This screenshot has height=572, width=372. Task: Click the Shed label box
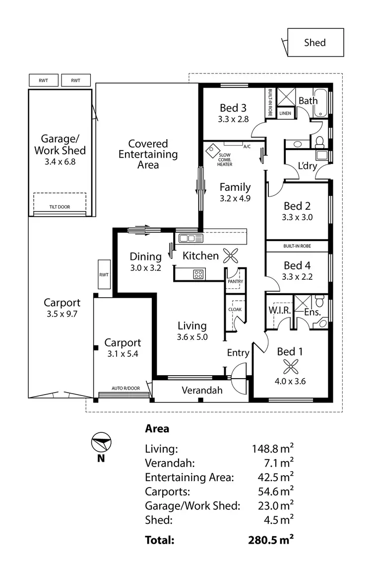coord(315,43)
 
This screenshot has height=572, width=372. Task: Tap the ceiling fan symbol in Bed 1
coord(290,367)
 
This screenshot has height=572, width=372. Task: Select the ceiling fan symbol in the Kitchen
coord(231,255)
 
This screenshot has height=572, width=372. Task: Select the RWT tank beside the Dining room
coord(104,274)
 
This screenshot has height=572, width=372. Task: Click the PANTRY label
coord(235,282)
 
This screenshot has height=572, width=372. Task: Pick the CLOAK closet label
coord(235,309)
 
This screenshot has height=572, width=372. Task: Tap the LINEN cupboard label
coord(285,113)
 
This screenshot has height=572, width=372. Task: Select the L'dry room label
coord(307,166)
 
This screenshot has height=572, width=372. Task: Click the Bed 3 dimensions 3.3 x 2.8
coord(233,119)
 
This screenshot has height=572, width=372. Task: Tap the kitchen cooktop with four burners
coord(199,273)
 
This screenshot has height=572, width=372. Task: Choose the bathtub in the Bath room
coord(321,101)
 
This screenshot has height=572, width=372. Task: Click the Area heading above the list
coord(157,428)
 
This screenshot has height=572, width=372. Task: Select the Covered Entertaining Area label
coord(148,154)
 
